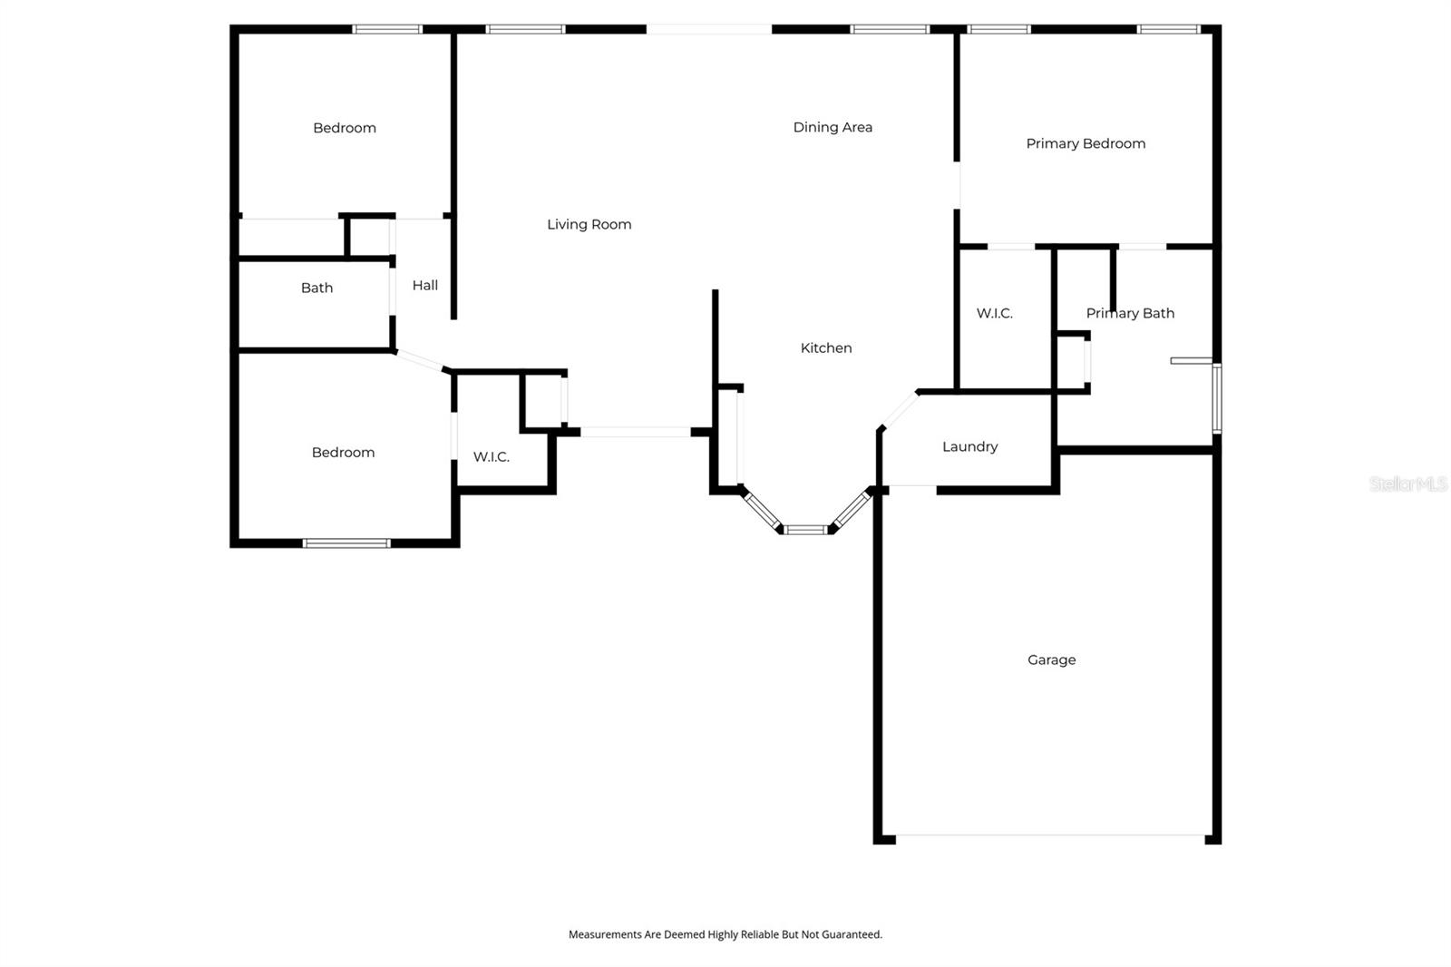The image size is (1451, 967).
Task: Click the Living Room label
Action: (x=589, y=224)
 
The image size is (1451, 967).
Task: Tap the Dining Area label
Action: (x=833, y=127)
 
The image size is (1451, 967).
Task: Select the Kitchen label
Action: (x=825, y=347)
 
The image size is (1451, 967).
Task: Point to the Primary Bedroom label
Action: (x=1086, y=143)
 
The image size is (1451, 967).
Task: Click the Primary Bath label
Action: (x=1130, y=313)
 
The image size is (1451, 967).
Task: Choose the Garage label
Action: (x=1051, y=659)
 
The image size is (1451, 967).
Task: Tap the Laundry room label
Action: (x=969, y=446)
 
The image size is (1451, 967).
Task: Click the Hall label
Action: (x=424, y=285)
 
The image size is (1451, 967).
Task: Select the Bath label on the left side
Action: (x=316, y=288)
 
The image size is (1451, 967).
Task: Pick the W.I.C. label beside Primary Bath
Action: (x=994, y=313)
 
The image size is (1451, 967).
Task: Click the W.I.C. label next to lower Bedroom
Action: (x=491, y=456)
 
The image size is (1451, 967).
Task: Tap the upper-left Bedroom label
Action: (x=344, y=128)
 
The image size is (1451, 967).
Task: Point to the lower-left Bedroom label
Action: (x=343, y=452)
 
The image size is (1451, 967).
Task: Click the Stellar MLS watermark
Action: (x=1407, y=483)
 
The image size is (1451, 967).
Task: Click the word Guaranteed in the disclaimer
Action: (x=849, y=934)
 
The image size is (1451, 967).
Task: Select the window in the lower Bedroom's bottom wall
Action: (x=346, y=543)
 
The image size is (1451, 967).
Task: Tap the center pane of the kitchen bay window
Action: (x=805, y=529)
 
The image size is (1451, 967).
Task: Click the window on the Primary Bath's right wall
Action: (x=1216, y=398)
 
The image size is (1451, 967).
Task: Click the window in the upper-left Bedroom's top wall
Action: (x=387, y=29)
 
